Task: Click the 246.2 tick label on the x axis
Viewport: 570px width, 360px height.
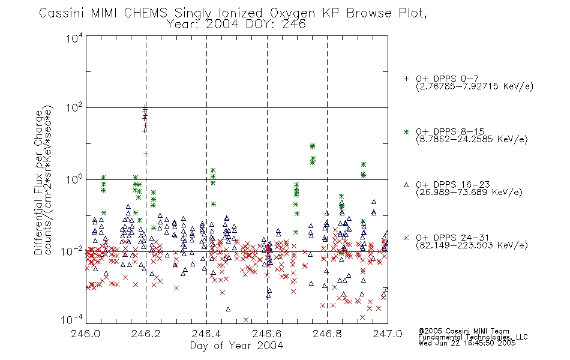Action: tap(146, 334)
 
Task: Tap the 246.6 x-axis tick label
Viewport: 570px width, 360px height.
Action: tap(267, 334)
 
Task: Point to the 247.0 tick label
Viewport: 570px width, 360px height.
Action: tap(388, 334)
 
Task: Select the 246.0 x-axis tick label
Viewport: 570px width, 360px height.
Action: tap(85, 334)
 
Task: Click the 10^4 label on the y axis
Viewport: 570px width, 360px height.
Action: tap(74, 38)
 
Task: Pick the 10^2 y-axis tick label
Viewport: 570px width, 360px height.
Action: tap(74, 108)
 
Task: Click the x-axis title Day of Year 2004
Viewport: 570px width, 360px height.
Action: tap(236, 346)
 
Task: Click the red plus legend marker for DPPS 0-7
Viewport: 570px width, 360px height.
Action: tap(406, 79)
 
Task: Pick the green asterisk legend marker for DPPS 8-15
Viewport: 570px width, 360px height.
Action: tap(406, 132)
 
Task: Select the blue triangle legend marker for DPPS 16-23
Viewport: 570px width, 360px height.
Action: tap(406, 185)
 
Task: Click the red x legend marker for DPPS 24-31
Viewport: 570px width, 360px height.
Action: tap(406, 238)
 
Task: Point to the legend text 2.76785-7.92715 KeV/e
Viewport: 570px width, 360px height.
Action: tap(475, 86)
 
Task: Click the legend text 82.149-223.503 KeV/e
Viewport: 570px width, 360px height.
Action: tap(472, 245)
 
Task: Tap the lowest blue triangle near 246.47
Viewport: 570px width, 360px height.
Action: tap(228, 309)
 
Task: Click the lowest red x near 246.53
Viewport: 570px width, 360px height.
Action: tap(246, 320)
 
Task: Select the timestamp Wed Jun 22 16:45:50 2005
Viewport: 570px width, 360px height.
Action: tap(467, 343)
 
